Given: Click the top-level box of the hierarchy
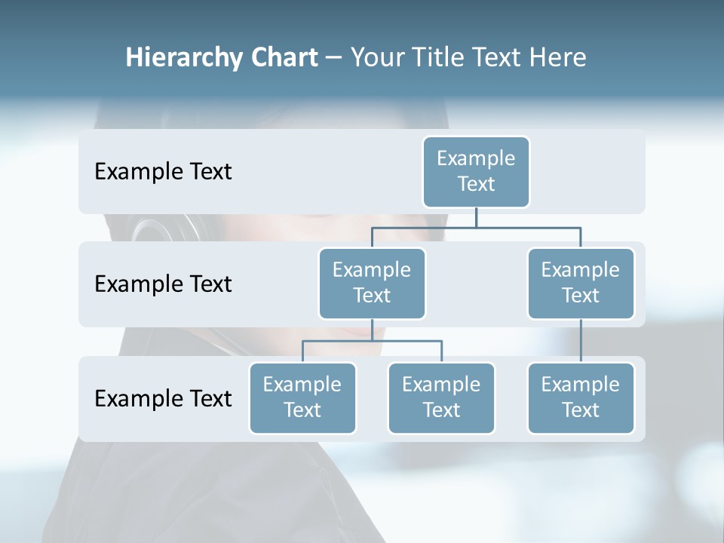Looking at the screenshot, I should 476,171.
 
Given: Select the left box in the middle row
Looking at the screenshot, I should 372,283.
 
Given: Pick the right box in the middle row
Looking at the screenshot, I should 581,283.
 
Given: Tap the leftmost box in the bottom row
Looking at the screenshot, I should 302,397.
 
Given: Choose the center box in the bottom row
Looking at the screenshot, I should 441,397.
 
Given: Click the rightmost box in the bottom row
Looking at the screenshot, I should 581,397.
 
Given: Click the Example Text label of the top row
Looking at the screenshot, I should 163,172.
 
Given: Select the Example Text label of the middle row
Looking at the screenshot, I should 163,284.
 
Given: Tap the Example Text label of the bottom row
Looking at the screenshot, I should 163,398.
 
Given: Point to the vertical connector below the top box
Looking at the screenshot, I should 476,217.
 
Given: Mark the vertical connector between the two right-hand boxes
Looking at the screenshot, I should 581,341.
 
